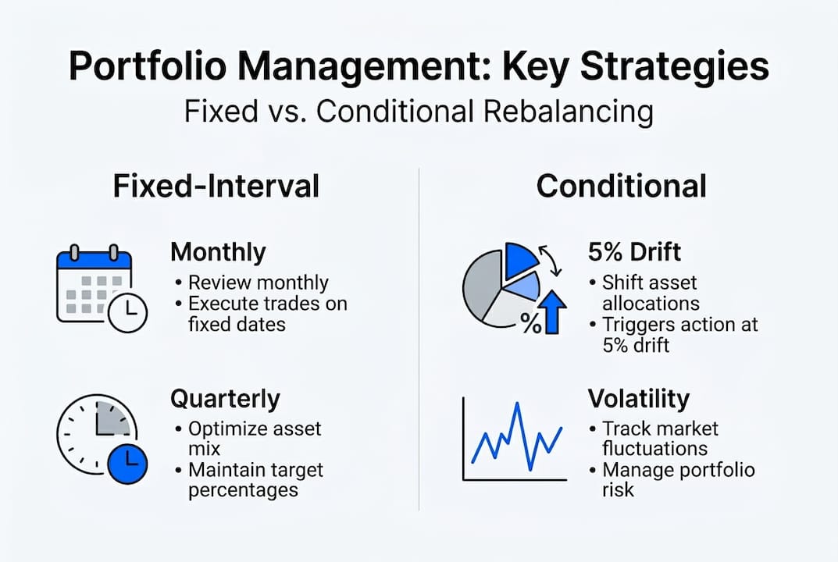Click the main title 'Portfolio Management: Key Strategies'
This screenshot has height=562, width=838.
click(419, 67)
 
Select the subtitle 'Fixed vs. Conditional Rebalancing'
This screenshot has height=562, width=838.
click(419, 112)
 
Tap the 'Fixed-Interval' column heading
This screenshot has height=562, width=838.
click(216, 187)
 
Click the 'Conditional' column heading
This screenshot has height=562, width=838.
click(622, 187)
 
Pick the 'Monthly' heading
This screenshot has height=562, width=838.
click(218, 252)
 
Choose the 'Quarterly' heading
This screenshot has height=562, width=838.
click(224, 399)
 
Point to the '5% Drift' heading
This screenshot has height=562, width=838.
click(634, 252)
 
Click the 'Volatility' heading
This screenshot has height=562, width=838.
click(638, 399)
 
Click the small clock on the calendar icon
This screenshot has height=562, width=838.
click(127, 314)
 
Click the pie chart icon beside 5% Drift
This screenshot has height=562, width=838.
click(500, 285)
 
